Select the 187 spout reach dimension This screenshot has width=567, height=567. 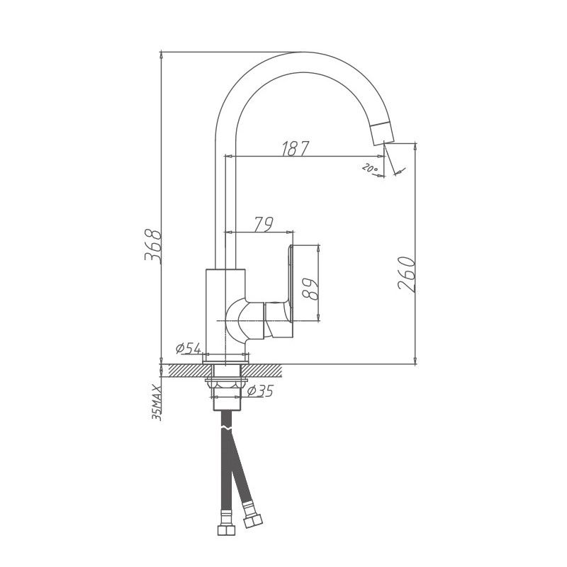296,148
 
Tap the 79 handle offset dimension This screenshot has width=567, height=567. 263,224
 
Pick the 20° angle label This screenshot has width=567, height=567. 369,169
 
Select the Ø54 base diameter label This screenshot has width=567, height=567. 189,349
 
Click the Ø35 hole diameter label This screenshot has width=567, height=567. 260,391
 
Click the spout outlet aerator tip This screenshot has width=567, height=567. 381,131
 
